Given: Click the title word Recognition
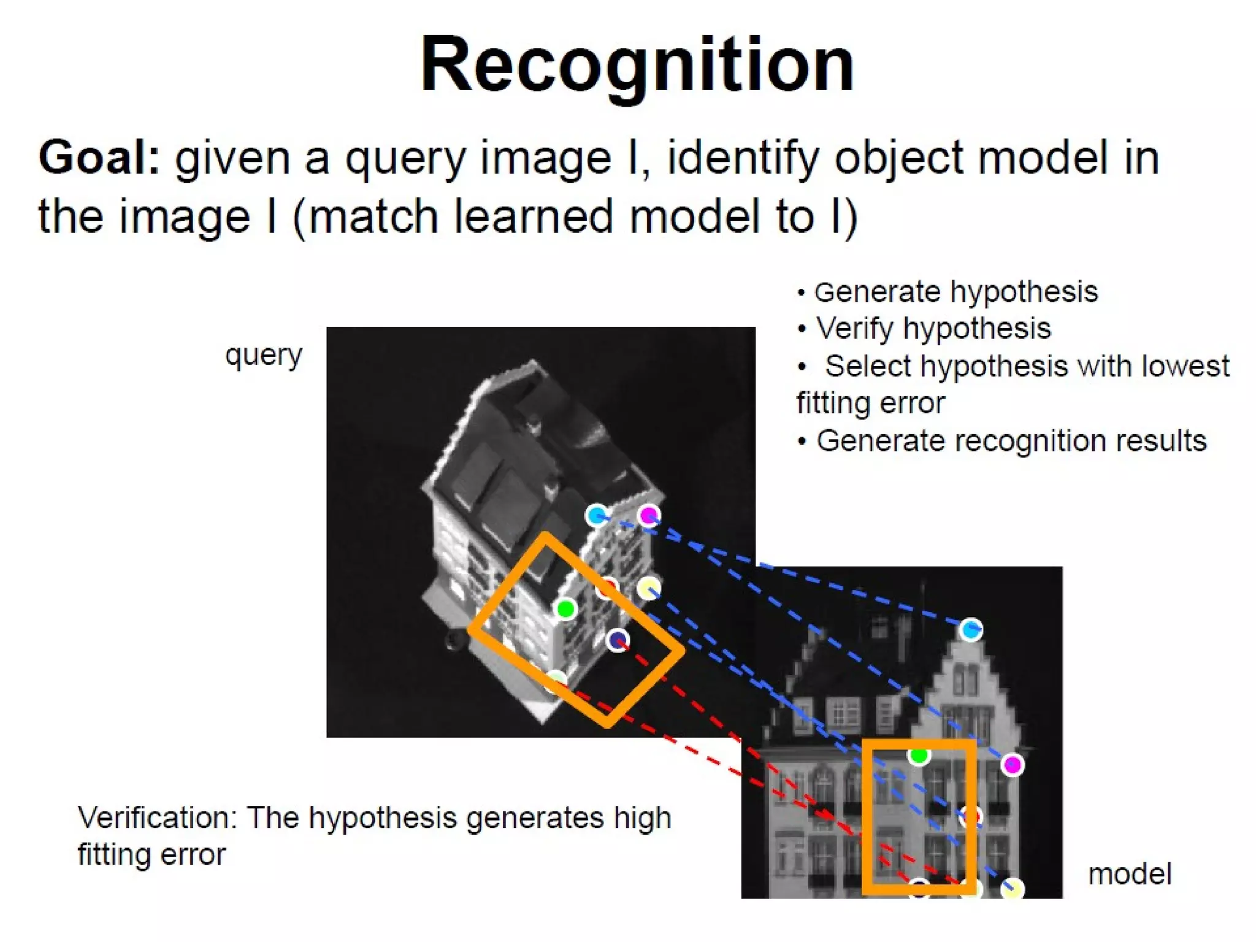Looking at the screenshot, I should point(637,65).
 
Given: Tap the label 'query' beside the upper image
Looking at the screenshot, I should point(264,355).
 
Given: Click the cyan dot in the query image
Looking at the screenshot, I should point(596,515).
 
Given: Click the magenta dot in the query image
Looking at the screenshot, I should point(648,515).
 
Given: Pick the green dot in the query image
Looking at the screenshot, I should point(565,609).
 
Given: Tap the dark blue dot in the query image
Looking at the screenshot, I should point(617,640).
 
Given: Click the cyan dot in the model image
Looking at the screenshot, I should point(970,629).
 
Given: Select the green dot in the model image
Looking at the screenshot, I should point(918,755).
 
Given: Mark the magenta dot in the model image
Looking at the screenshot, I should point(1012,765).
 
